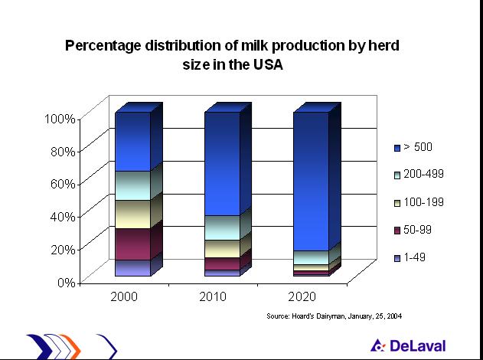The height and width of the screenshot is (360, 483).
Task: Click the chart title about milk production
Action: [232, 54]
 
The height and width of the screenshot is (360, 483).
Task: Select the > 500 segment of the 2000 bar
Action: [132, 141]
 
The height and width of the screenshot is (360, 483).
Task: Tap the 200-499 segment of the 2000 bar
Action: [132, 185]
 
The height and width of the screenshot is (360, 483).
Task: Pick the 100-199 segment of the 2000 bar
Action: [132, 214]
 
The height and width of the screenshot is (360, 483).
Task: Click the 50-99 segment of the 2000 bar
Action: [132, 244]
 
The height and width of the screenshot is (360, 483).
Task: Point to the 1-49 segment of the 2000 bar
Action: [132, 267]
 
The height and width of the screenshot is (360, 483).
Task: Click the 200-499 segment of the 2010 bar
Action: [222, 227]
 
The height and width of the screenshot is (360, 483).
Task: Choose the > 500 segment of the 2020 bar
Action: [311, 181]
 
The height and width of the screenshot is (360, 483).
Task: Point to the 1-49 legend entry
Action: [416, 257]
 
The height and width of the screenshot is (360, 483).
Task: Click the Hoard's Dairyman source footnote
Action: [334, 316]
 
